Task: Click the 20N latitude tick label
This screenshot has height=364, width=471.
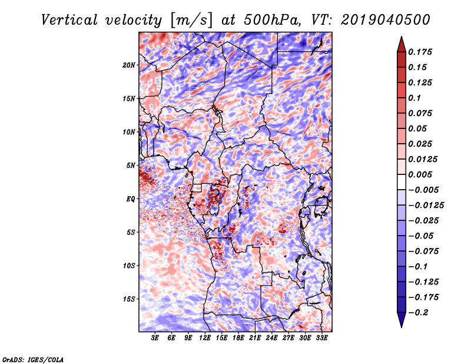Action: pyautogui.click(x=129, y=65)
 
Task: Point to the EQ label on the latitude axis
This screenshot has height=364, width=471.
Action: pyautogui.click(x=130, y=199)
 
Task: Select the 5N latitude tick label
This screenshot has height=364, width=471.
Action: pyautogui.click(x=131, y=166)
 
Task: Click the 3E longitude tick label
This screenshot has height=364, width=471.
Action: pyautogui.click(x=155, y=337)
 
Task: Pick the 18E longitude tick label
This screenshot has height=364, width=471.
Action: pyautogui.click(x=238, y=337)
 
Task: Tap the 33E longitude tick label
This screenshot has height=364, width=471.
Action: pyautogui.click(x=321, y=337)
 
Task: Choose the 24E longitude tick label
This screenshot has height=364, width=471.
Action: pyautogui.click(x=271, y=337)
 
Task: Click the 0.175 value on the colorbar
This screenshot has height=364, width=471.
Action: pyautogui.click(x=420, y=52)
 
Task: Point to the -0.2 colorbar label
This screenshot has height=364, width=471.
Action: pyautogui.click(x=418, y=313)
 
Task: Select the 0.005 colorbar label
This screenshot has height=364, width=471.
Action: pyautogui.click(x=420, y=174)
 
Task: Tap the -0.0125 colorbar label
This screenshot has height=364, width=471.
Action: pyautogui.click(x=426, y=206)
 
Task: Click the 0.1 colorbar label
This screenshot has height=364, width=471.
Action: pyautogui.click(x=414, y=98)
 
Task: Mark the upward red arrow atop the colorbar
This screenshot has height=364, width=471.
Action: pyautogui.click(x=402, y=44)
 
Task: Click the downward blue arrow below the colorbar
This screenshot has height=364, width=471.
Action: pyautogui.click(x=402, y=320)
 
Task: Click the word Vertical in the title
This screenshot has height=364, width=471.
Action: pyautogui.click(x=69, y=20)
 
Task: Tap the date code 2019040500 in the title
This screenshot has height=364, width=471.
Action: pyautogui.click(x=386, y=20)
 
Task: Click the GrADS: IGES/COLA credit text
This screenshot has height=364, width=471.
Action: pyautogui.click(x=33, y=359)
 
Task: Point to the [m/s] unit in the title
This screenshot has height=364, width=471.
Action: pyautogui.click(x=191, y=20)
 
